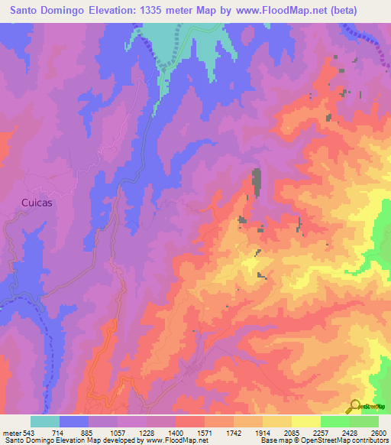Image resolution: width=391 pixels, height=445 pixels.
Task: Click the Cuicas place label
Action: click(36, 203)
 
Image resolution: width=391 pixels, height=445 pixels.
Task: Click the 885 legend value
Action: click(89, 433)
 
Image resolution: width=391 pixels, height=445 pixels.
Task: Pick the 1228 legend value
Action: click(147, 433)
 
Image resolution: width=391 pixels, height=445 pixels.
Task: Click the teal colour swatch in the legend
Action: click(45, 421)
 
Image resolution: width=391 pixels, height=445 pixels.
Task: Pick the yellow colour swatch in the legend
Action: click(305, 421)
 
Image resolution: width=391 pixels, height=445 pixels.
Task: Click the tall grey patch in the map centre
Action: click(256, 182)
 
